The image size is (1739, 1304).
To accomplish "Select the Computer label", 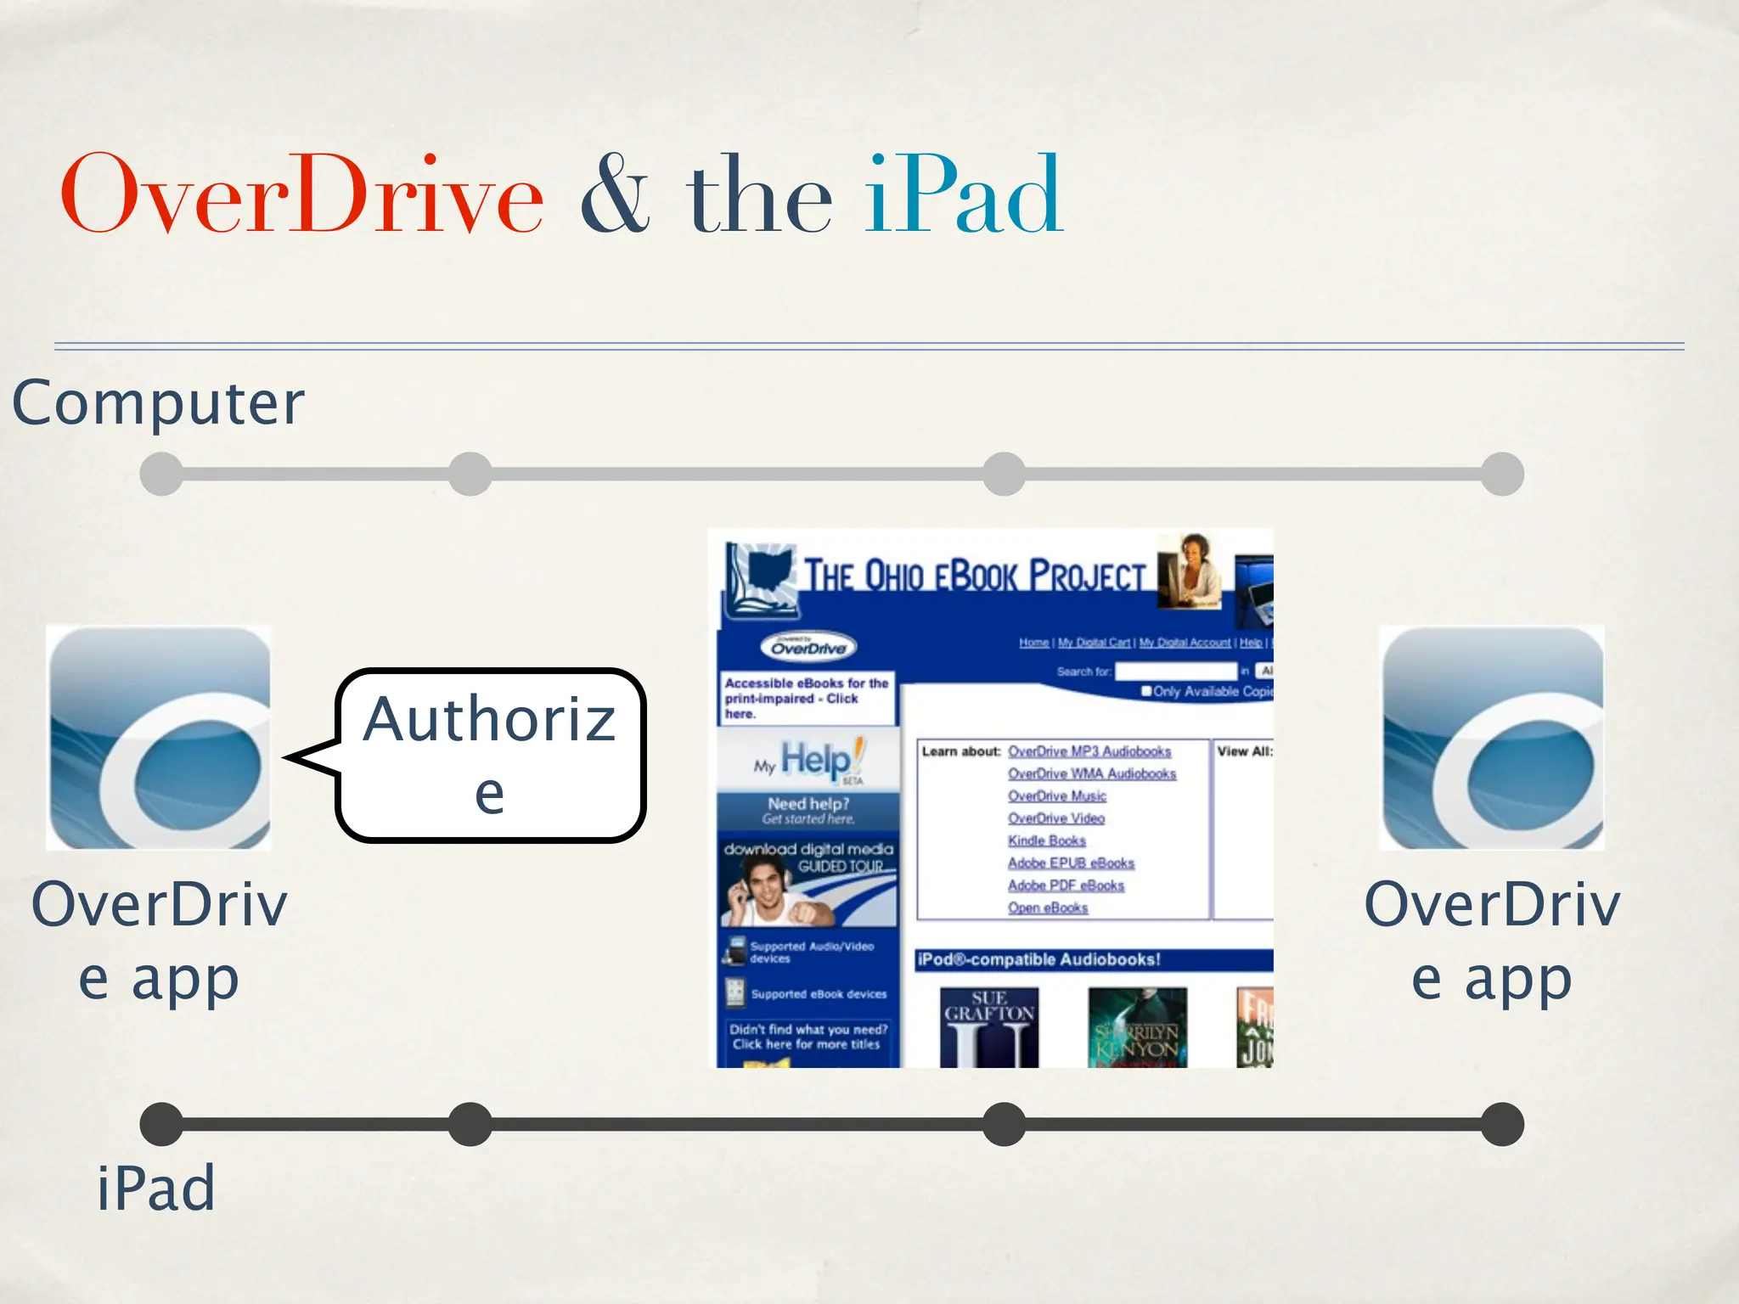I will click(x=158, y=402).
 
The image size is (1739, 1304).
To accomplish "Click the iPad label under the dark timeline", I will click(x=155, y=1188).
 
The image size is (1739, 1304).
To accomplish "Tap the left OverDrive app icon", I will click(x=159, y=738).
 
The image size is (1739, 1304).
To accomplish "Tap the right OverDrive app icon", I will click(x=1492, y=738).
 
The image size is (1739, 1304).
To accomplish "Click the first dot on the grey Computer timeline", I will click(x=161, y=474).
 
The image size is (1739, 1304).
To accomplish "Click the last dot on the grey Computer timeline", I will click(x=1502, y=474).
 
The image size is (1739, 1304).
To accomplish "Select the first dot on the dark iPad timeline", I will click(x=161, y=1124).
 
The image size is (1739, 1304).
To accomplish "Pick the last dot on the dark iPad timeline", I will click(x=1502, y=1124).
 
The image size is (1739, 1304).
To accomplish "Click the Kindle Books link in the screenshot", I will click(x=1046, y=840).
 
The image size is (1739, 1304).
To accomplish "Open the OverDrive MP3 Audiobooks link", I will click(x=1089, y=751).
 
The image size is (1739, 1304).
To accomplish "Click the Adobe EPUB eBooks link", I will click(x=1071, y=863).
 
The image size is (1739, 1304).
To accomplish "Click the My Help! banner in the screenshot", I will click(x=808, y=761).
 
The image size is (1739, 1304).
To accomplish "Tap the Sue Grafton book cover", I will click(x=989, y=1027).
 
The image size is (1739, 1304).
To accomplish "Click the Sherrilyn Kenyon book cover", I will click(x=1137, y=1027).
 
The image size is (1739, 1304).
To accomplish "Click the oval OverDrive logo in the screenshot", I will click(x=808, y=648).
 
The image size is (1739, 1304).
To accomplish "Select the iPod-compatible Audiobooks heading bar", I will click(x=1093, y=959).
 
